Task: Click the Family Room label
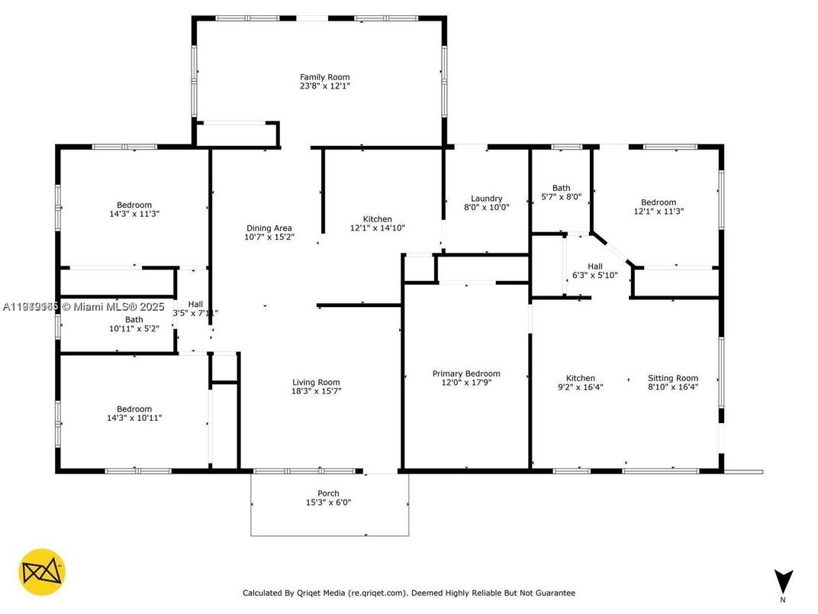tap(324, 77)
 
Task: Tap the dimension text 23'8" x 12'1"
tap(324, 86)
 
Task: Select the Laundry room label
tap(486, 199)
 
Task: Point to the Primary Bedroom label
tap(466, 373)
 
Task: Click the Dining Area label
tap(269, 228)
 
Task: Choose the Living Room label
tap(316, 383)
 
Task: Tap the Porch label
tap(328, 493)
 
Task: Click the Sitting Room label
tap(673, 378)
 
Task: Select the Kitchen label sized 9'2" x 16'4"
tap(580, 378)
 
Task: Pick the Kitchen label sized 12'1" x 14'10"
tap(377, 219)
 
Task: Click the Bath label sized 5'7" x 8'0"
tap(561, 188)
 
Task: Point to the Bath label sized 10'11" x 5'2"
tap(134, 320)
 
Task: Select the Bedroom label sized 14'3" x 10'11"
tap(134, 409)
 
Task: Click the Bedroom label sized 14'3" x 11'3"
tap(134, 205)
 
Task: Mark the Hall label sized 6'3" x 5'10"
tap(594, 267)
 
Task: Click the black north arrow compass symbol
tap(784, 580)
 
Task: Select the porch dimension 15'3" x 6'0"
tap(328, 503)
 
